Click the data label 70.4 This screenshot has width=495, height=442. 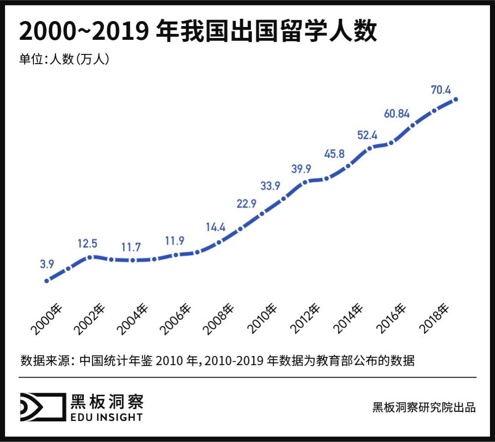point(441,90)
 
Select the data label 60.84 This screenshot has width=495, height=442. point(397,114)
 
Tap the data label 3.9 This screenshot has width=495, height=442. point(47,264)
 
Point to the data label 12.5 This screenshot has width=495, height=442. point(87,243)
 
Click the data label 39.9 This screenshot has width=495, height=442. point(301,169)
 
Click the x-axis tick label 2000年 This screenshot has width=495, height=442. point(46,319)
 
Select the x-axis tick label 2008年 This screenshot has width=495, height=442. point(219,319)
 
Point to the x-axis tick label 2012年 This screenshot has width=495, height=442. point(306,319)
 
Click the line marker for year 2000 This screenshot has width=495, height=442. point(47,281)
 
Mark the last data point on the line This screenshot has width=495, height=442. point(456,99)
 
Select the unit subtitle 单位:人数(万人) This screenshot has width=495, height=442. point(64,59)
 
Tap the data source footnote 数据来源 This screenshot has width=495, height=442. point(217,360)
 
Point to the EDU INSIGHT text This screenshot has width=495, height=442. point(106,416)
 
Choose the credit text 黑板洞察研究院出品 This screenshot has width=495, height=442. point(424,407)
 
